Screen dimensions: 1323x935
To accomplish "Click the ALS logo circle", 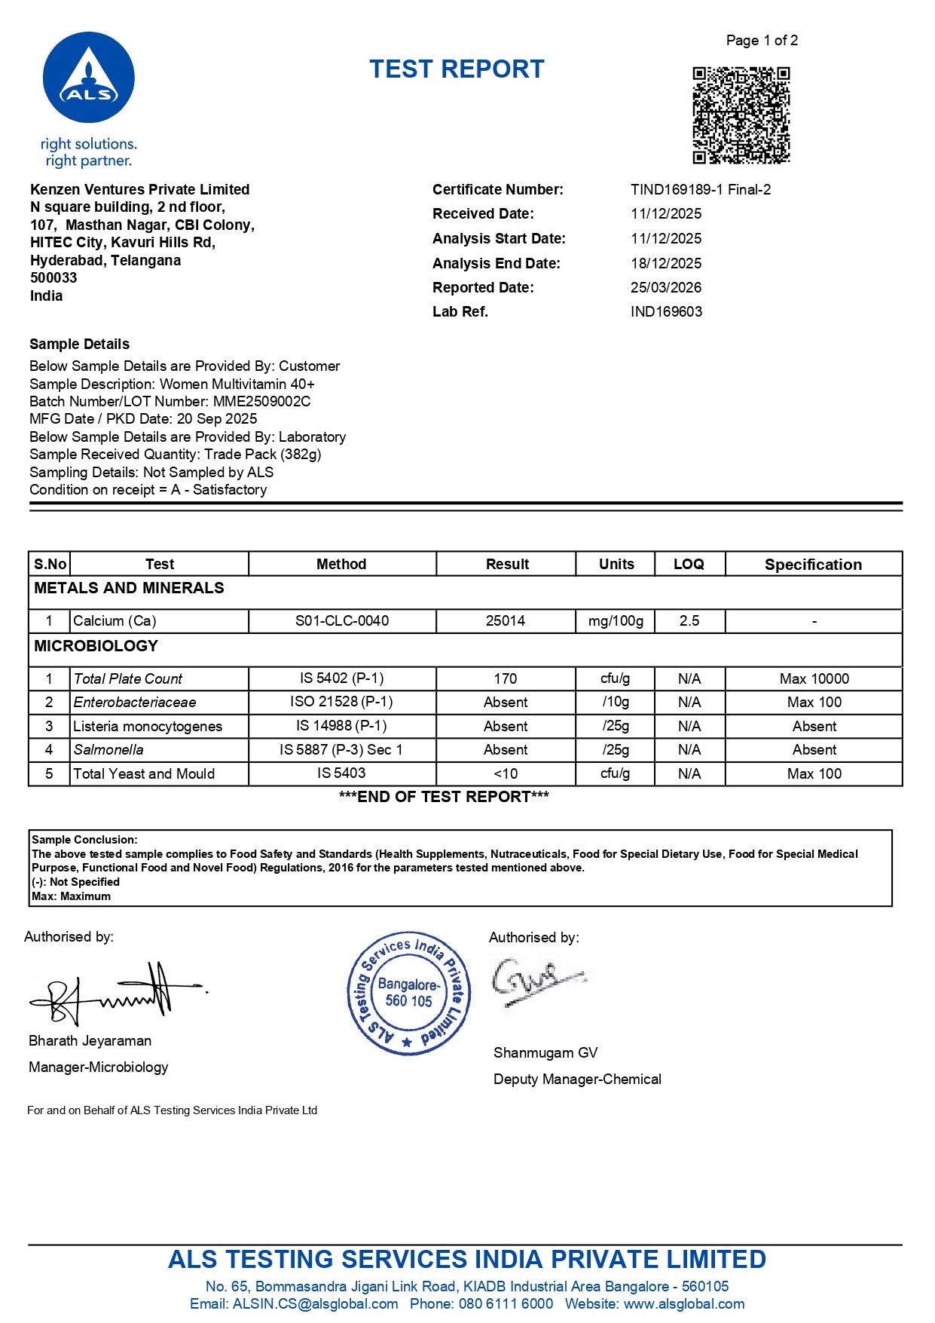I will [89, 78].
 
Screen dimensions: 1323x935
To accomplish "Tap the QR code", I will [741, 115].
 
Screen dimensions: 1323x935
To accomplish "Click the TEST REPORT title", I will [457, 69].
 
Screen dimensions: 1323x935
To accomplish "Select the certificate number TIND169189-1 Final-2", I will [700, 190].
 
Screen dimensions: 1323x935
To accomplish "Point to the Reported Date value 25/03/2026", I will [665, 288].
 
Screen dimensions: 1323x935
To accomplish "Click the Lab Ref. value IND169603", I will [665, 312].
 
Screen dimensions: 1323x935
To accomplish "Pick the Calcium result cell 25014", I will [505, 621].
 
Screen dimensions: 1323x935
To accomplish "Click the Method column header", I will [341, 565].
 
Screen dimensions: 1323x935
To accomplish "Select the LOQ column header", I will [689, 565].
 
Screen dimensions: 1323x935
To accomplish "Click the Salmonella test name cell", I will [108, 750].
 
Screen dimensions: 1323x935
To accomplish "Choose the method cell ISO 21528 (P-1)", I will [341, 702].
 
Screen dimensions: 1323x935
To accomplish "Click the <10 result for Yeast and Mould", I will [505, 774].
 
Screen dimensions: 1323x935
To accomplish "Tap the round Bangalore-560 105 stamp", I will [408, 993].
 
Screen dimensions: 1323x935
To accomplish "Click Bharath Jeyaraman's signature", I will [113, 994].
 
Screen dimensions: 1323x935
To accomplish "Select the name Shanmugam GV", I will [545, 1053].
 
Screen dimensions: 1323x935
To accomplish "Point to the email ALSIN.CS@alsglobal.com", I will [315, 1304].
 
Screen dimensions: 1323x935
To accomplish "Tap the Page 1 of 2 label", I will [761, 41].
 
